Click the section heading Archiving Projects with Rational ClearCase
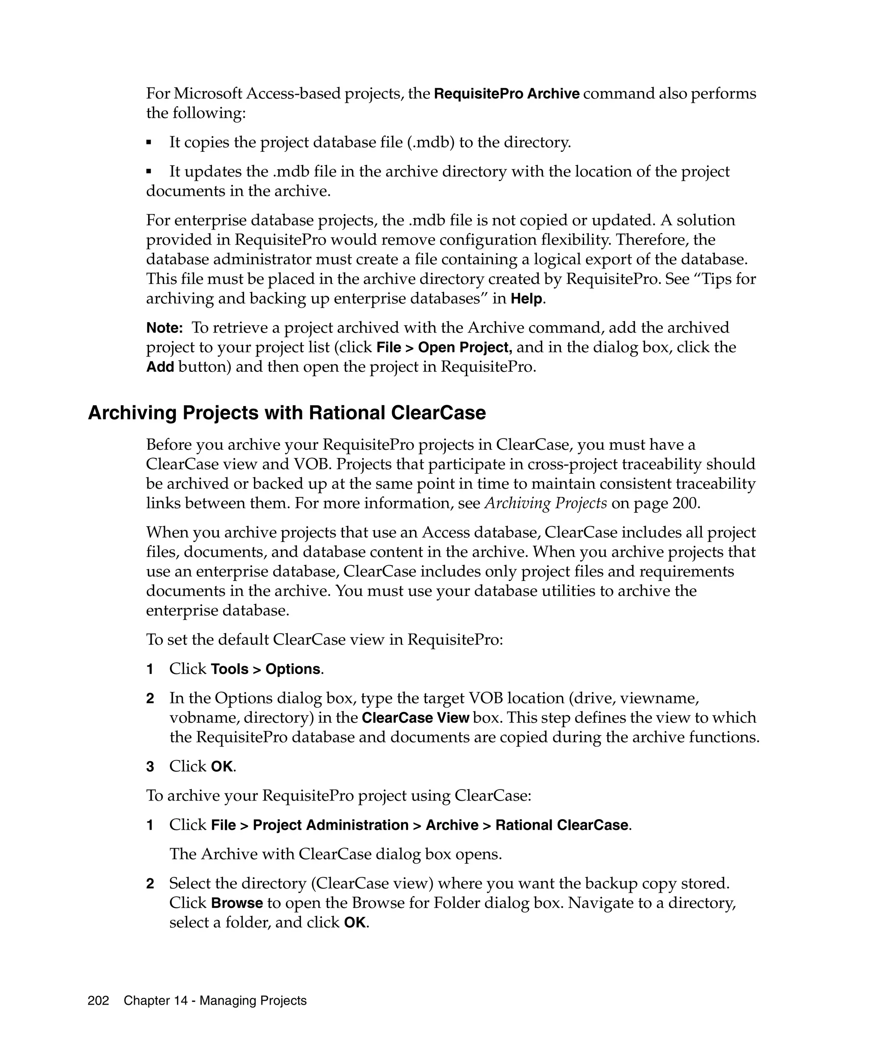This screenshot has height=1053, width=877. tap(286, 413)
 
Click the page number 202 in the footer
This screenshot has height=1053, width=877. tap(98, 1000)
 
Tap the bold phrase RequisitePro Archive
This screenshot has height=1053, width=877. tap(506, 94)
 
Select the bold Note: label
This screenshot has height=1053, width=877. tap(164, 328)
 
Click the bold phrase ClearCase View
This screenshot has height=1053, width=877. tap(415, 718)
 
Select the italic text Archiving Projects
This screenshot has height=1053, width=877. tap(546, 503)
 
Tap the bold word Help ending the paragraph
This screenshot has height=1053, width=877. tap(526, 299)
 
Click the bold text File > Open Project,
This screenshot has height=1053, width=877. tap(444, 347)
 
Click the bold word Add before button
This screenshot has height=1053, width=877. tap(160, 367)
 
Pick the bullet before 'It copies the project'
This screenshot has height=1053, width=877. tap(149, 143)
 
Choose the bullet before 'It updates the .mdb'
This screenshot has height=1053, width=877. tap(149, 172)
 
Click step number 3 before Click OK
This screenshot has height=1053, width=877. tap(150, 767)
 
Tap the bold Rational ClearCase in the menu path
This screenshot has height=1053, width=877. tap(561, 826)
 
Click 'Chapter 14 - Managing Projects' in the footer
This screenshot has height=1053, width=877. tap(215, 1000)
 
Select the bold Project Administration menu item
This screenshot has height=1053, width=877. tap(330, 826)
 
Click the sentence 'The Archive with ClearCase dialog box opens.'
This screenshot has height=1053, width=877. tap(335, 854)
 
